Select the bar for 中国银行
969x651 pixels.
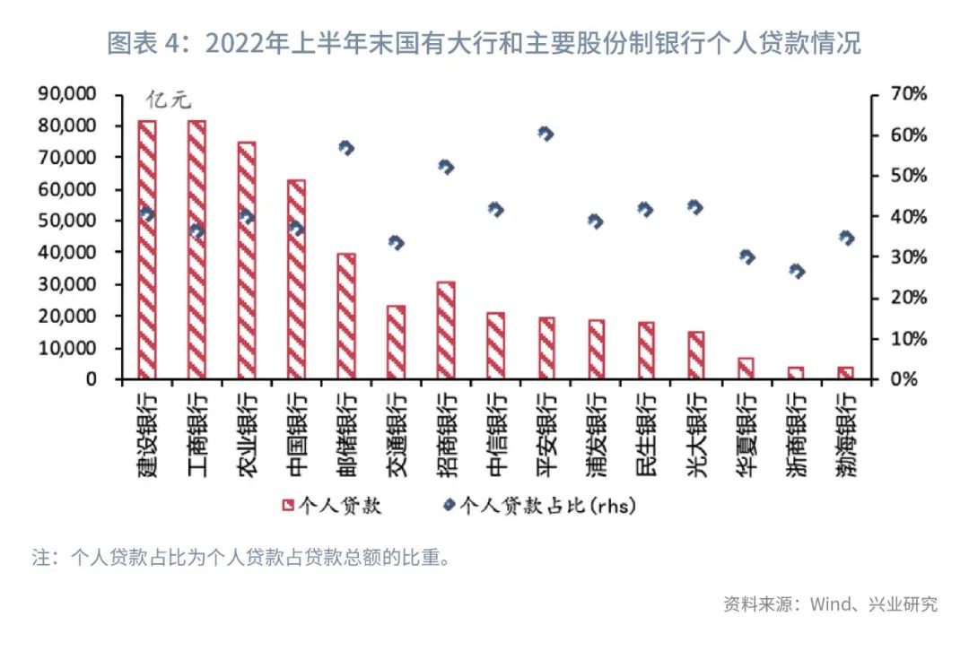(x=297, y=279)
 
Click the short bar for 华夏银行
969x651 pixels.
(x=746, y=369)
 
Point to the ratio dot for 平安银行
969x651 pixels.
(x=546, y=134)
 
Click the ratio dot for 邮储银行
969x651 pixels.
(x=346, y=148)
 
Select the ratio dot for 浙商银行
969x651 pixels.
(x=796, y=271)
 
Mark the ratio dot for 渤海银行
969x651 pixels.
(x=845, y=239)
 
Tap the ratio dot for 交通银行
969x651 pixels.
(x=396, y=242)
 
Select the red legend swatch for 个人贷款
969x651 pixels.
(x=288, y=506)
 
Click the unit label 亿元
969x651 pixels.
(x=170, y=101)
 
